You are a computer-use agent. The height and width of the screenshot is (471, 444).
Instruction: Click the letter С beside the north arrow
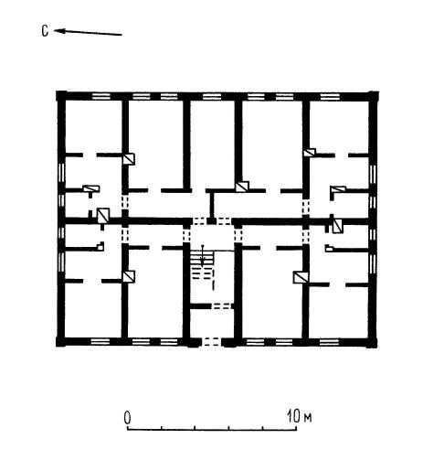(x=45, y=31)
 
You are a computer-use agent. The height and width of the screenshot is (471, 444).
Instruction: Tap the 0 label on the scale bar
(x=127, y=418)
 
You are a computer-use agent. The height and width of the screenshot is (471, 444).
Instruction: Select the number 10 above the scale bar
(x=294, y=416)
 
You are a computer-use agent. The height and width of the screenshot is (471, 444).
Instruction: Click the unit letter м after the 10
(x=308, y=418)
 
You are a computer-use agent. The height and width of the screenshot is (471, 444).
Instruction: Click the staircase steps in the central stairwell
(x=202, y=264)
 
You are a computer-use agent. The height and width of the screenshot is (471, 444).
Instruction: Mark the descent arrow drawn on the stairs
(x=202, y=257)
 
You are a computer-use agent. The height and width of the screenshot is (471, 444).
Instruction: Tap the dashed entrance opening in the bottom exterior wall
(x=212, y=341)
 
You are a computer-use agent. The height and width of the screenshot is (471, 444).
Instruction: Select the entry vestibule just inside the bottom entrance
(x=212, y=323)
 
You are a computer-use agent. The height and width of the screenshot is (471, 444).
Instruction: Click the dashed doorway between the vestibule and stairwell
(x=222, y=305)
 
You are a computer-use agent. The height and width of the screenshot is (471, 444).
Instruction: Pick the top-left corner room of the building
(x=94, y=127)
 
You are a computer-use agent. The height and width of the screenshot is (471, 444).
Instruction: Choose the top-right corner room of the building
(x=339, y=127)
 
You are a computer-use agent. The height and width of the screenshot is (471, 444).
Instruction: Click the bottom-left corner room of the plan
(x=93, y=310)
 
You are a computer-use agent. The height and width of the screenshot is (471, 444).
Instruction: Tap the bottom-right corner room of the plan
(x=339, y=312)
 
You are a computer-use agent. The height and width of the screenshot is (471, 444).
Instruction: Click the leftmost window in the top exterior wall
(x=100, y=96)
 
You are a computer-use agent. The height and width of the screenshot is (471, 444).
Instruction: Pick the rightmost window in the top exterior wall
(x=330, y=97)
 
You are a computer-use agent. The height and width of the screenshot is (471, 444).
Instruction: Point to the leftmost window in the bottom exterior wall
(x=100, y=341)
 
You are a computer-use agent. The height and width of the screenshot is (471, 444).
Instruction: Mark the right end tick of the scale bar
(x=296, y=427)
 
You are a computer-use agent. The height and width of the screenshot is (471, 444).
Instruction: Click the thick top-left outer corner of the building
(x=60, y=95)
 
